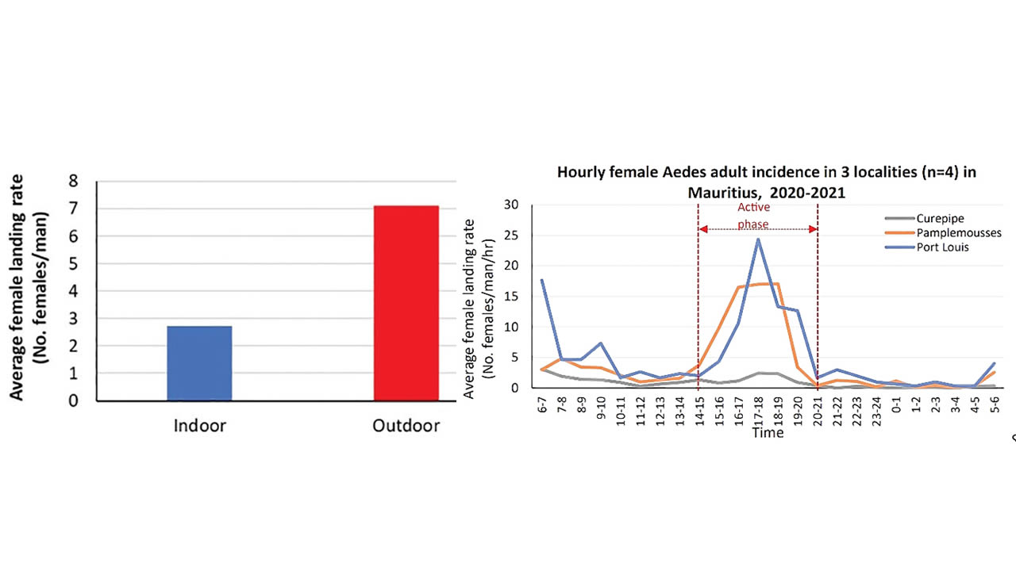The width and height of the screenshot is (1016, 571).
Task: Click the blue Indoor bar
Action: pyautogui.click(x=199, y=363)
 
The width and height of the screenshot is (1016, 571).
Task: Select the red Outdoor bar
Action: pyautogui.click(x=406, y=303)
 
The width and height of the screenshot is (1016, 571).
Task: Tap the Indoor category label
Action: pyautogui.click(x=200, y=426)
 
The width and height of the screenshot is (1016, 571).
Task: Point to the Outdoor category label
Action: pyautogui.click(x=406, y=426)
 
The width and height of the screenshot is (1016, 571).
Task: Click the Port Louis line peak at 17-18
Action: pyautogui.click(x=758, y=239)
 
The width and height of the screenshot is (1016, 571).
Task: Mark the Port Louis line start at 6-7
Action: pyautogui.click(x=542, y=280)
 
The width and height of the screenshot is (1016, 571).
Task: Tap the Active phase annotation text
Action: pyautogui.click(x=753, y=216)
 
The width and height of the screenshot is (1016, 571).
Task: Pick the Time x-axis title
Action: pyautogui.click(x=768, y=433)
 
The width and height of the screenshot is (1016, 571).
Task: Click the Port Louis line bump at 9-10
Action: pyautogui.click(x=602, y=343)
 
